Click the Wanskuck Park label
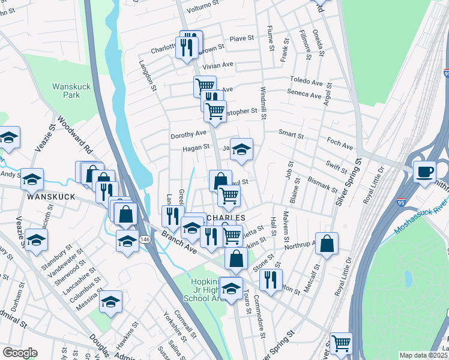tap(71, 91)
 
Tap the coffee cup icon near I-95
tap(425, 171)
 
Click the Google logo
tap(20, 353)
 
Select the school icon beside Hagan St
tap(241, 151)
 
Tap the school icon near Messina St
tap(110, 302)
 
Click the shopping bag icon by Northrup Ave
tap(327, 244)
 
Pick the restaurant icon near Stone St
tap(271, 279)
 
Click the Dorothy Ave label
tap(188, 134)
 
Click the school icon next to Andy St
tap(32, 179)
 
